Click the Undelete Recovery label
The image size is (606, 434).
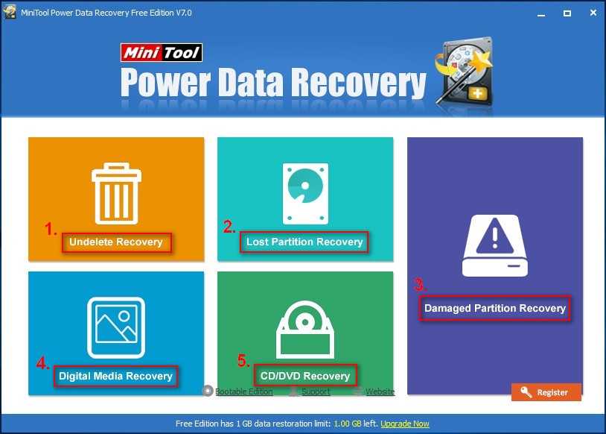[116, 242]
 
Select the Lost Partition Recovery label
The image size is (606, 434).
[304, 242]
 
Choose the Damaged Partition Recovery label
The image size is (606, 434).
[494, 308]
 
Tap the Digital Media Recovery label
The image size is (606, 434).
[115, 376]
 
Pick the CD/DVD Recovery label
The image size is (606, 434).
[305, 376]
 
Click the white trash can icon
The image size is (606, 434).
[116, 193]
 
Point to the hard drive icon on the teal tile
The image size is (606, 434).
[305, 194]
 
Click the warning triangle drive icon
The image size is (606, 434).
[495, 245]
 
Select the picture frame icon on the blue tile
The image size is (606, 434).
[116, 327]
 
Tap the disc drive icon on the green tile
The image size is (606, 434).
[305, 330]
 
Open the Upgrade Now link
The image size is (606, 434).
[405, 424]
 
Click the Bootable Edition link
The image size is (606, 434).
[244, 391]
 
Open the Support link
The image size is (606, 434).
[316, 391]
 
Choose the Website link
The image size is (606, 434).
[380, 391]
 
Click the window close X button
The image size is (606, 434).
[593, 13]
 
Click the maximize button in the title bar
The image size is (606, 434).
[567, 13]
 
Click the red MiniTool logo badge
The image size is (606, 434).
[161, 52]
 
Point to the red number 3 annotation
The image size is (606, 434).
[420, 285]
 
